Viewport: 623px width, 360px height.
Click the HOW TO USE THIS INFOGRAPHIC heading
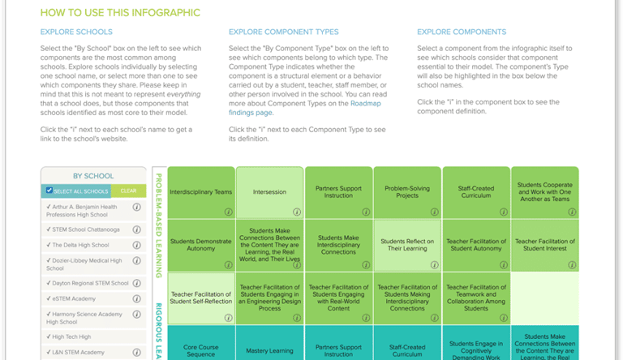click(x=120, y=13)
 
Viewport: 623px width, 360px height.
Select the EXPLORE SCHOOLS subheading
click(x=76, y=32)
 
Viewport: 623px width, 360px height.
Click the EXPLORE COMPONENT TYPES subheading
click(x=283, y=32)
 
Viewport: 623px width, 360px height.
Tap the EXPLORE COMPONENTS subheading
click(x=461, y=32)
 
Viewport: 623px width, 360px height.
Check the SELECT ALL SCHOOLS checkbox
click(x=49, y=191)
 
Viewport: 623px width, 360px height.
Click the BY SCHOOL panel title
click(x=93, y=176)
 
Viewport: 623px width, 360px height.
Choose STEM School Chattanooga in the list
click(x=85, y=229)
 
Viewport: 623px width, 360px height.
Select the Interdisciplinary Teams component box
click(x=202, y=192)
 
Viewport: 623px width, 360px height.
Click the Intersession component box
click(x=269, y=192)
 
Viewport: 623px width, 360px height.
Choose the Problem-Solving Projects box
click(x=407, y=192)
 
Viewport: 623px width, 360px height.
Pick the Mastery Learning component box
click(x=269, y=350)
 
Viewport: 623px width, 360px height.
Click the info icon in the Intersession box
click(x=297, y=212)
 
